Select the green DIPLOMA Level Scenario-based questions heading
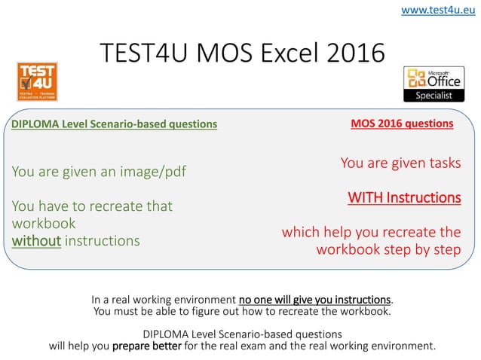(x=114, y=124)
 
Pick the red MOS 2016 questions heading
(x=403, y=123)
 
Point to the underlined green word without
(x=36, y=241)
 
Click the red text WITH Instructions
(x=404, y=197)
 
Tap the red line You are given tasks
(x=400, y=163)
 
